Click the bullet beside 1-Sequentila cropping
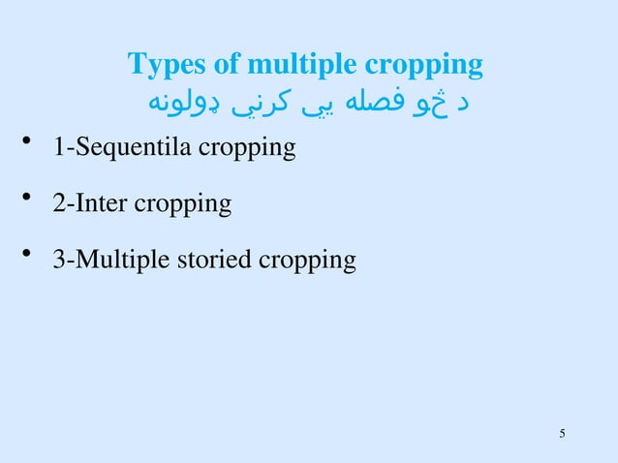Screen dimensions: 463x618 29,147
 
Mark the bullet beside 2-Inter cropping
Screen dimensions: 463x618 29,202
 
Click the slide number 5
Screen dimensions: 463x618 563,432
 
